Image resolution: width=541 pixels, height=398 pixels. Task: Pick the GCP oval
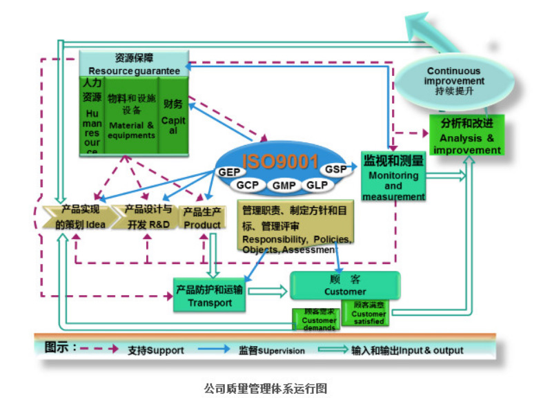(x=247, y=185)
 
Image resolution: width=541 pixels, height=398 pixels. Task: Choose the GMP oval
(x=284, y=186)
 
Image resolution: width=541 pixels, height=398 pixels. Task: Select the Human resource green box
(x=92, y=115)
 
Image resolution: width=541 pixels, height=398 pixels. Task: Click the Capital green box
(x=173, y=115)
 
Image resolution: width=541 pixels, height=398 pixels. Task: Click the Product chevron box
(x=202, y=217)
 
